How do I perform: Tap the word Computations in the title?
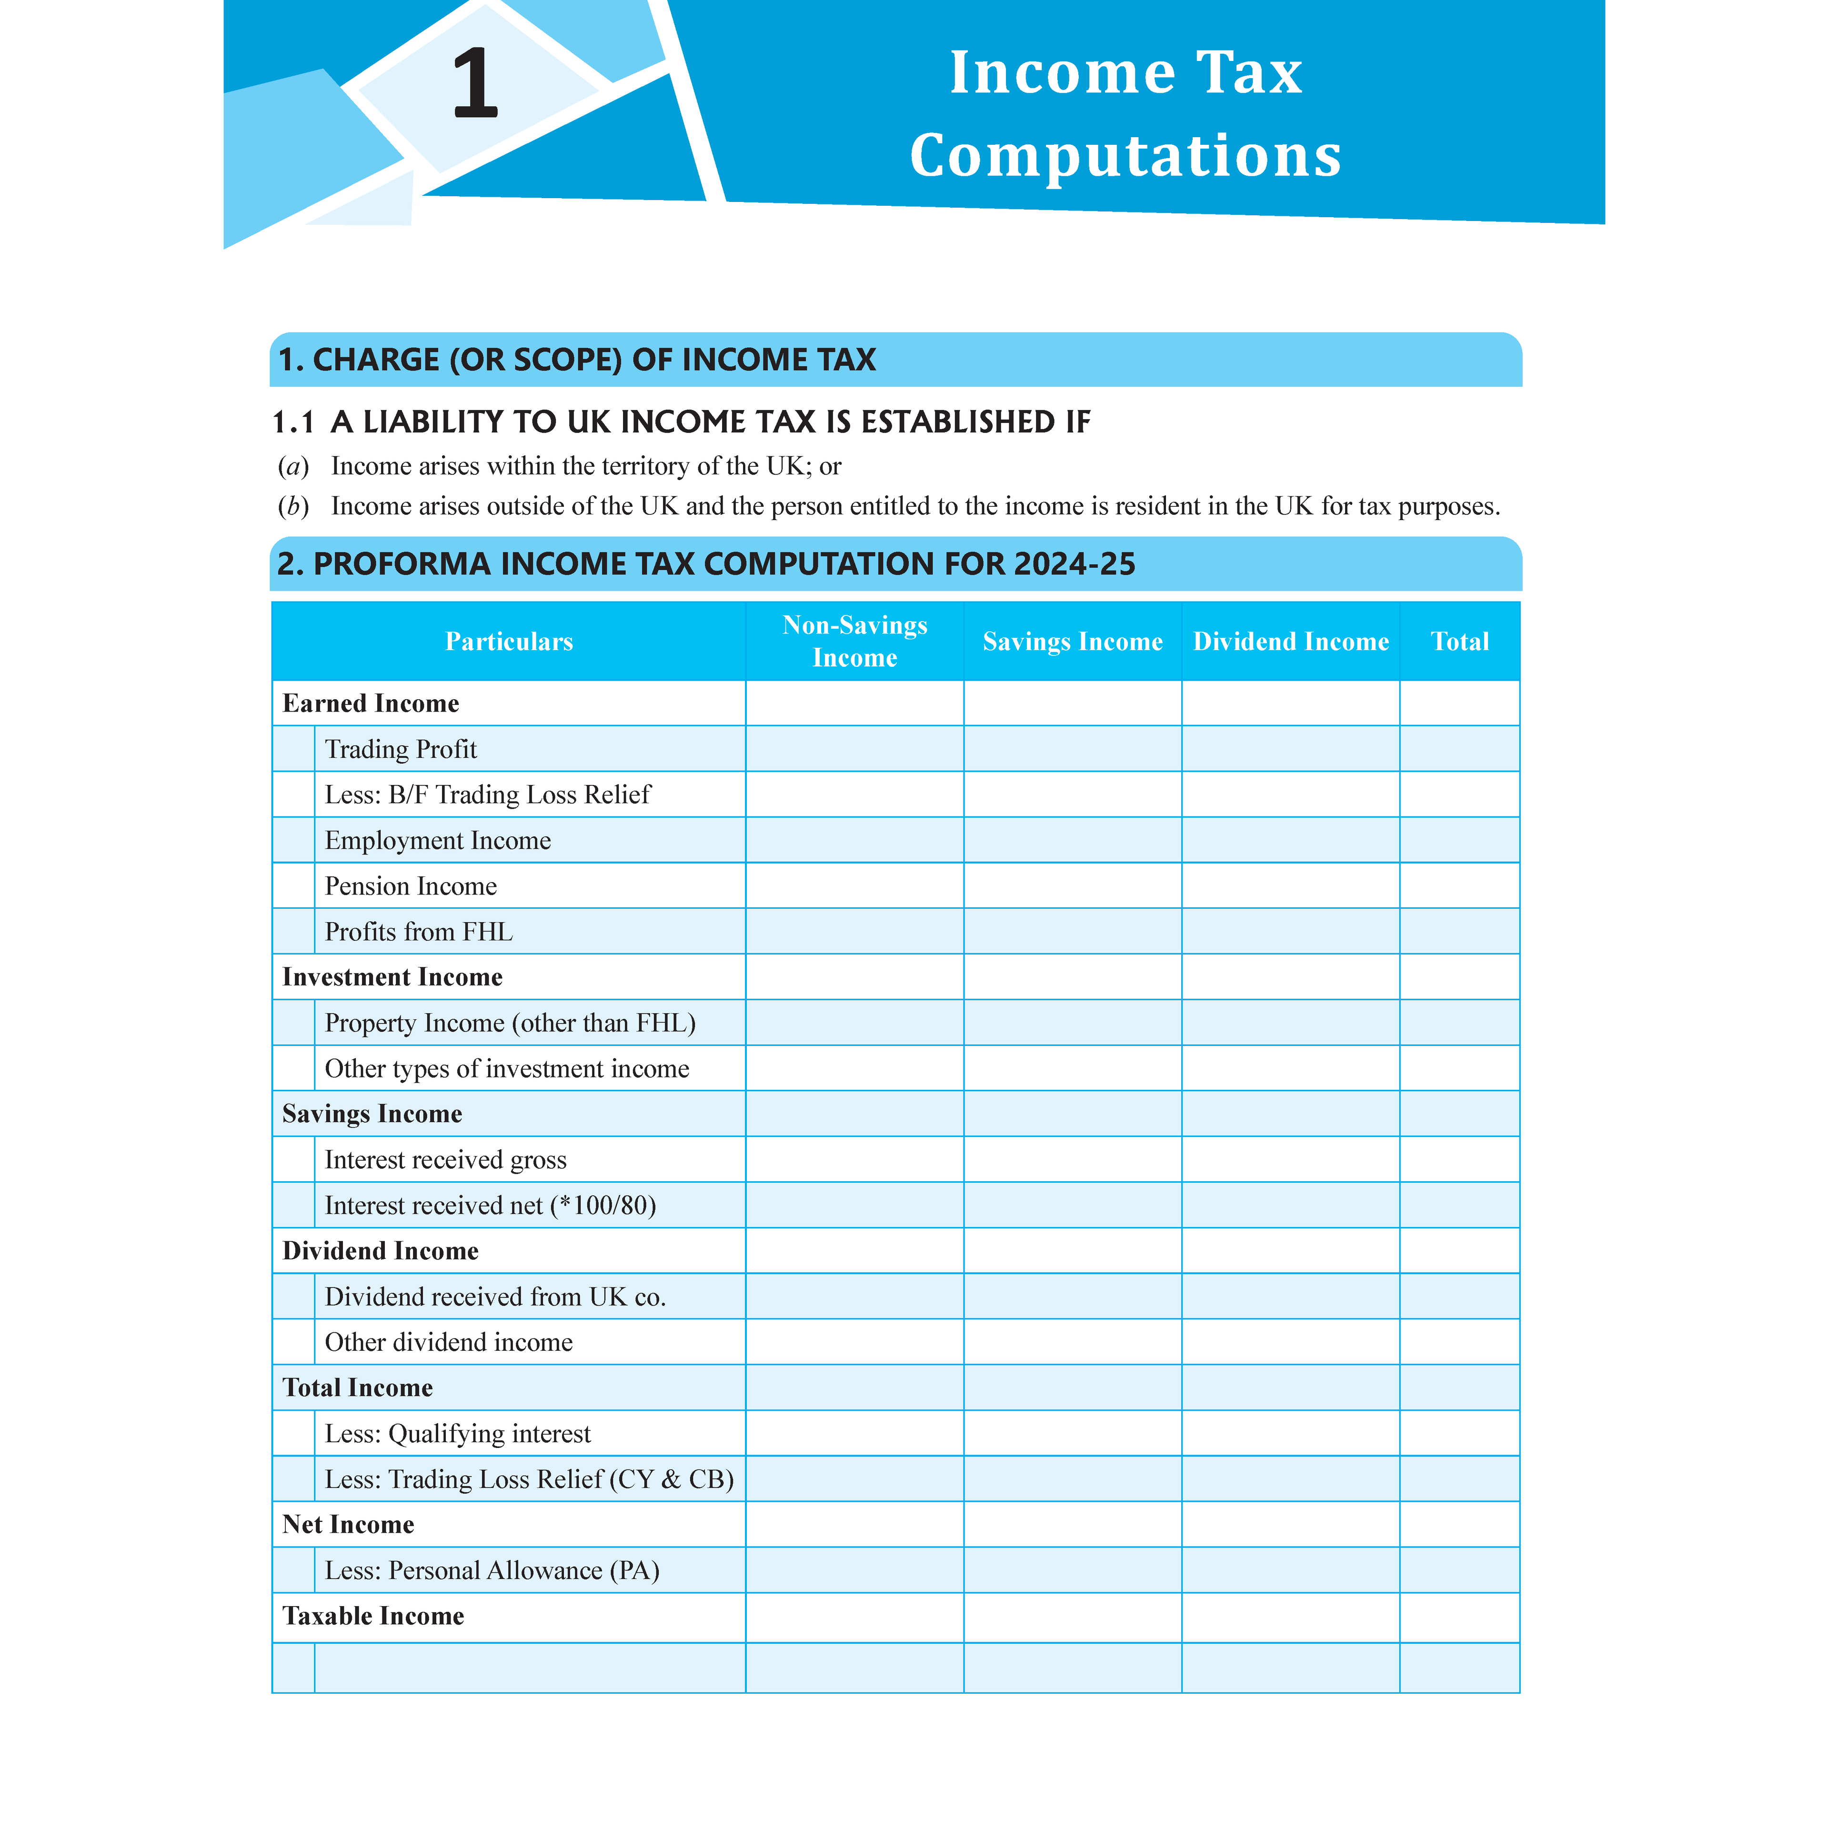[1126, 155]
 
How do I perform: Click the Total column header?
[1460, 642]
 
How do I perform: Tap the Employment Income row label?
[437, 841]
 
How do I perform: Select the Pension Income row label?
[411, 886]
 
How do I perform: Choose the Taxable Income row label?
[373, 1616]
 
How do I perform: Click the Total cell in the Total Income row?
[1460, 1388]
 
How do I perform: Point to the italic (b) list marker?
[293, 506]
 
